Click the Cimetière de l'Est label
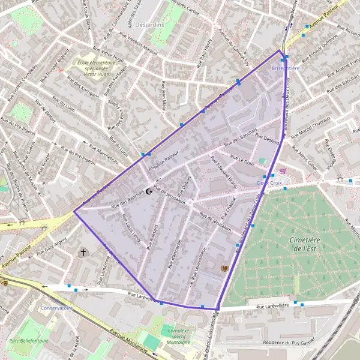click(x=303, y=243)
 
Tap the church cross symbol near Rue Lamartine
click(x=83, y=253)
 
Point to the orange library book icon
click(x=225, y=268)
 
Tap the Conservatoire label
click(x=57, y=307)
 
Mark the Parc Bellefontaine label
click(x=28, y=341)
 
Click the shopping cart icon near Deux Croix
click(x=283, y=170)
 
